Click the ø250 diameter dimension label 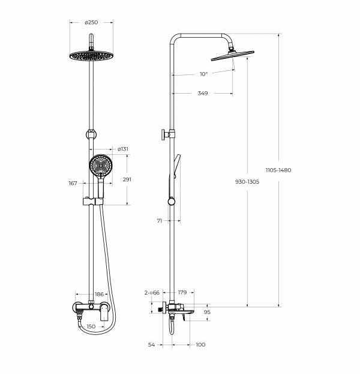[x=91, y=22]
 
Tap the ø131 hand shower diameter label [x=123, y=149]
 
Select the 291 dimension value [x=127, y=179]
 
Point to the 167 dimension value [x=73, y=183]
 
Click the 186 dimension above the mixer [x=99, y=294]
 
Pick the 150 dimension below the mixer [x=91, y=327]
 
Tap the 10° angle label [x=204, y=74]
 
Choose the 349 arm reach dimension [x=203, y=93]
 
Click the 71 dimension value [x=160, y=221]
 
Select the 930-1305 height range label [x=247, y=182]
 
